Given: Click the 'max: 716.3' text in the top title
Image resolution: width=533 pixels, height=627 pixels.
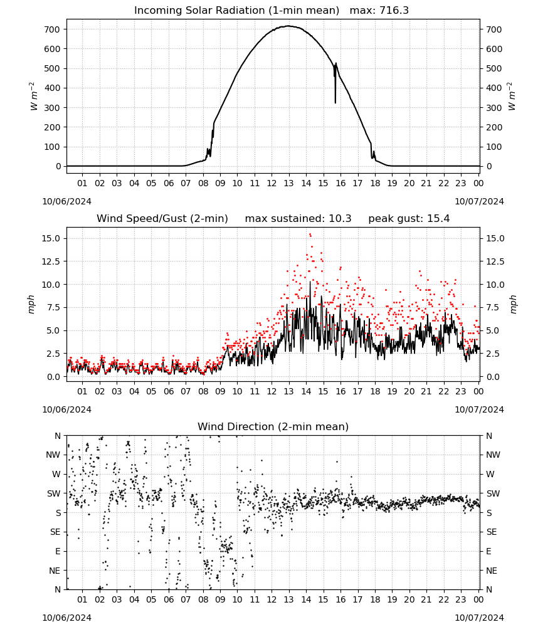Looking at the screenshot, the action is coord(379,11).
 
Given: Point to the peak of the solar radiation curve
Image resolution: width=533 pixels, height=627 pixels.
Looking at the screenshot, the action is coord(288,26).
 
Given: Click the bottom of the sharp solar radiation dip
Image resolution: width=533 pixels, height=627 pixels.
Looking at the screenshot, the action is coord(335,103).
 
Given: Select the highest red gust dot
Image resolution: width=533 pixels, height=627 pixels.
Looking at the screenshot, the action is coord(310,234).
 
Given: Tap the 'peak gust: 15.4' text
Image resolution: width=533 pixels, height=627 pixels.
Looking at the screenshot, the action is coord(409,219).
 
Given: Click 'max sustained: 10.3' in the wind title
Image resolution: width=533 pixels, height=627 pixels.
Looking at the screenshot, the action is coord(298,219).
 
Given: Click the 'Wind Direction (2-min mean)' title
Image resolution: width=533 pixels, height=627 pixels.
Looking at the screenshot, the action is coord(273,426).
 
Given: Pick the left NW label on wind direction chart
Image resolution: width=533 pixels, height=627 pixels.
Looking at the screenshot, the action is coord(53,455).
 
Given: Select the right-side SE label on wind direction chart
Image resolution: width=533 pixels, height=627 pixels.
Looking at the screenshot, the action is coord(492,532).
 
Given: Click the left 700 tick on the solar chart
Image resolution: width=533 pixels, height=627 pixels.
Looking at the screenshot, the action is coord(52,29).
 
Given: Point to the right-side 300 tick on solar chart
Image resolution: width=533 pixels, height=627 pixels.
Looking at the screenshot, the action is coord(494,108).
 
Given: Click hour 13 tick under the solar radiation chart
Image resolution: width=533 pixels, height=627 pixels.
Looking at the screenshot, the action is coord(288,183).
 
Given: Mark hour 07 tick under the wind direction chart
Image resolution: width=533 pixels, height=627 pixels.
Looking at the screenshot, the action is coord(186,599).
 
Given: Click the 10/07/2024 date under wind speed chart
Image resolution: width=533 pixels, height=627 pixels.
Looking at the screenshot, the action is coord(479,409).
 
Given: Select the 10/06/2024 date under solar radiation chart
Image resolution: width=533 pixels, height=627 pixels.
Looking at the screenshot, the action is coord(66,201).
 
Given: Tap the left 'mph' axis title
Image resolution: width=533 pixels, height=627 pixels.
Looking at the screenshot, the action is coord(31,304).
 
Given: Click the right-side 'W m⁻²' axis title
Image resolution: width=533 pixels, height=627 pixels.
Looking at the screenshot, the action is coord(512,97).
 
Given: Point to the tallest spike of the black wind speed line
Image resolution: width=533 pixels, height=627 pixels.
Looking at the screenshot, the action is coord(310,282).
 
